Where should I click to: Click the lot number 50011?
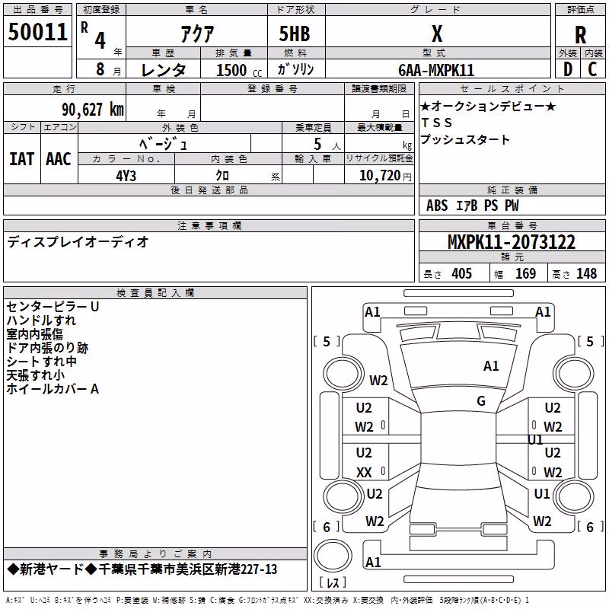coord(37,32)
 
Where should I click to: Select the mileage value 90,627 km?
coord(93,110)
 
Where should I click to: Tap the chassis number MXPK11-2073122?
coord(512,242)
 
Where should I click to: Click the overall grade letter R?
coord(580,35)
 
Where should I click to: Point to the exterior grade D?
coord(568,69)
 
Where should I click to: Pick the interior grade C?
coord(592,69)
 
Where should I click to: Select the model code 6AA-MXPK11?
coord(436,70)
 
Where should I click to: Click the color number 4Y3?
coord(126,176)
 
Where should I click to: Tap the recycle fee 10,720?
coord(379,176)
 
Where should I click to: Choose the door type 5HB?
coord(295,33)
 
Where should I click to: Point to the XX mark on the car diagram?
coord(364,472)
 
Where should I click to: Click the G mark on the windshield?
coord(481,401)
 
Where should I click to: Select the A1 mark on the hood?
coord(491,366)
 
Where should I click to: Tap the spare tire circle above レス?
coord(333,556)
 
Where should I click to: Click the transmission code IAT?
coord(21,159)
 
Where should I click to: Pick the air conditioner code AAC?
coord(59,159)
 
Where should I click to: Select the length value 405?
coord(462,273)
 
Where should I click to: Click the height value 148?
coord(586,273)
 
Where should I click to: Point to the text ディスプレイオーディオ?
coord(78,242)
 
